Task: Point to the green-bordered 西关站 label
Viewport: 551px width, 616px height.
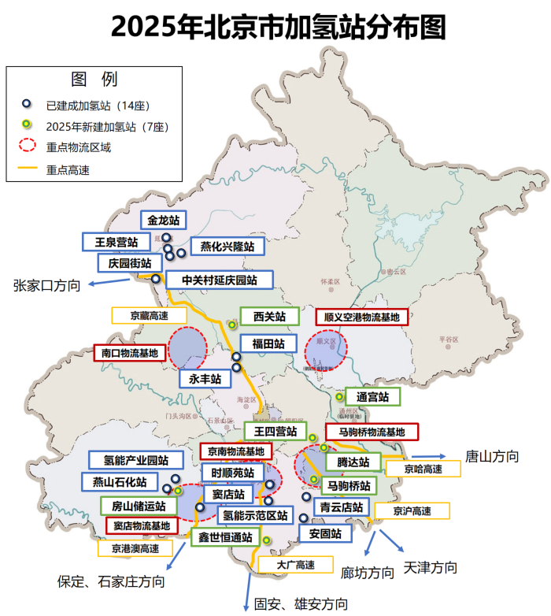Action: click(x=269, y=317)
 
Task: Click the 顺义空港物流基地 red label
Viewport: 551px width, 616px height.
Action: click(x=362, y=317)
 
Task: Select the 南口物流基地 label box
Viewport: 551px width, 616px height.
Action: click(x=130, y=353)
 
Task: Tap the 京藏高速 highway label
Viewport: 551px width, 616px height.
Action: click(x=150, y=315)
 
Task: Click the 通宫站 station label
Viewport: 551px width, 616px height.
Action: click(x=372, y=395)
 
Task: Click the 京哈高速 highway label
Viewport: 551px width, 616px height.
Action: click(x=423, y=468)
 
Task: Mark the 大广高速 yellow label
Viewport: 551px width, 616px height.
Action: click(x=296, y=565)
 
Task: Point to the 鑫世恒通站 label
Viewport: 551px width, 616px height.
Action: click(x=224, y=537)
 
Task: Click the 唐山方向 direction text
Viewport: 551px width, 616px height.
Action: click(x=492, y=456)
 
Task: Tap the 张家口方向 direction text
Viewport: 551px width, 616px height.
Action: click(x=46, y=285)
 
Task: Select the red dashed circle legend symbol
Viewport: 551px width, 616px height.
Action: click(x=28, y=146)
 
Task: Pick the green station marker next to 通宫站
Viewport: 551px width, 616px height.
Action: click(x=339, y=397)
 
